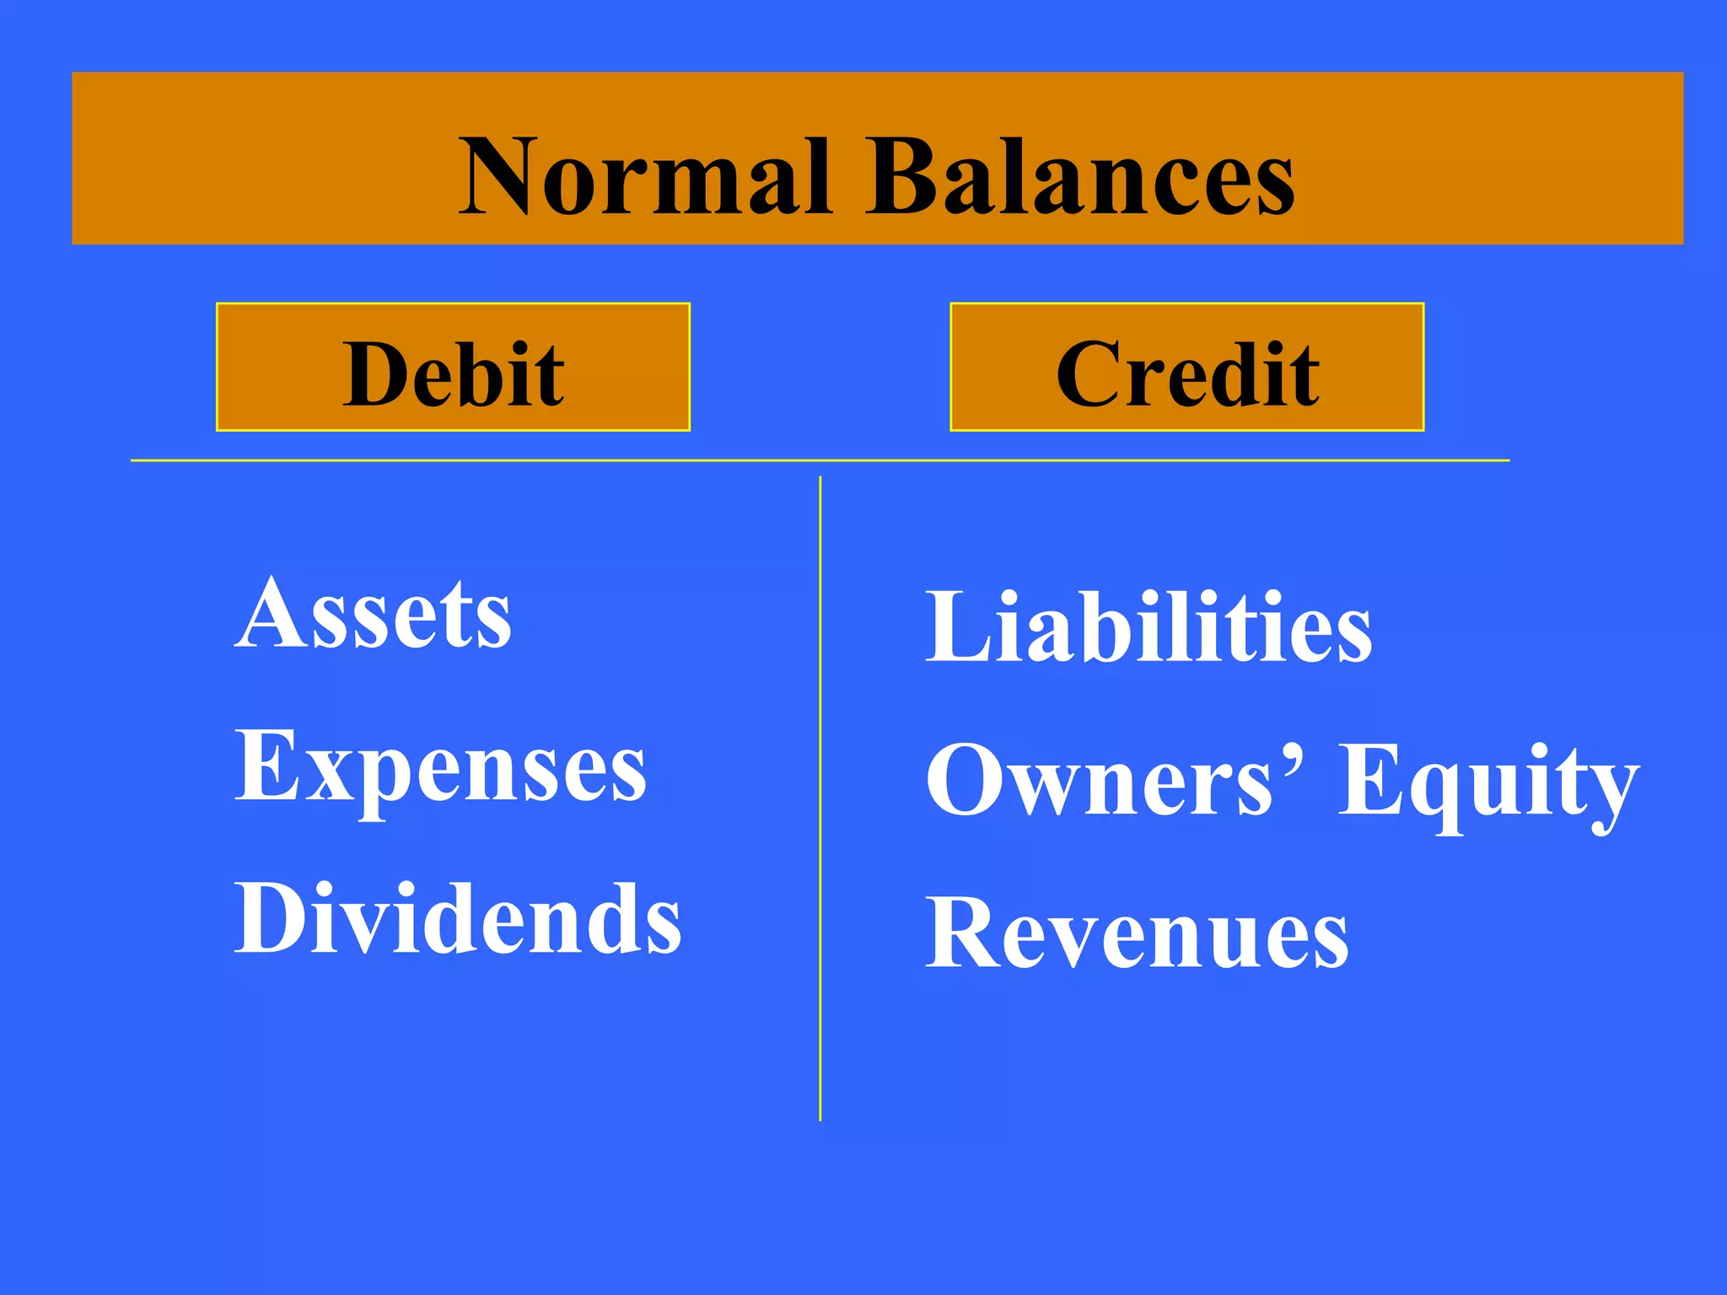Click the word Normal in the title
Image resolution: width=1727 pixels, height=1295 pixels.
[645, 177]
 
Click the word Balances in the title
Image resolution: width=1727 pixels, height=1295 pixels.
[1081, 177]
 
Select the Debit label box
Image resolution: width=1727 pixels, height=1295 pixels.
[453, 368]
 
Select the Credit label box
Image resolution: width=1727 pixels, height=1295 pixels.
[1186, 368]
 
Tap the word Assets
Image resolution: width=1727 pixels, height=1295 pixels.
[373, 614]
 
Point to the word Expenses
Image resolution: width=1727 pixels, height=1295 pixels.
[440, 767]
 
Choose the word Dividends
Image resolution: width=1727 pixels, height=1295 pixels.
[458, 919]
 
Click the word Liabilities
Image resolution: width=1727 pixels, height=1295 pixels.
[1149, 628]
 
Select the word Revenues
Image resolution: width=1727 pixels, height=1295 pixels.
[1137, 934]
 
